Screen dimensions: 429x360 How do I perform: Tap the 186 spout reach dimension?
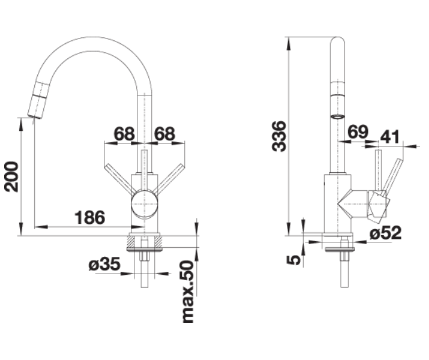[90, 217]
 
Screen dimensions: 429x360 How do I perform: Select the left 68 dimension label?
[124, 134]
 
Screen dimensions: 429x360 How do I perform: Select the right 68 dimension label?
[164, 134]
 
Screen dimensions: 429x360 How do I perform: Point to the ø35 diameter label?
[104, 264]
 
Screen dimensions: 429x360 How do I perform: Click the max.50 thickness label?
[188, 292]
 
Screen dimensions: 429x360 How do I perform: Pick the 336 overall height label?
[279, 136]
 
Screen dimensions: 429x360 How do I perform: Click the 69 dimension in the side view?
[358, 132]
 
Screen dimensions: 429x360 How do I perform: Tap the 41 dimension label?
[390, 137]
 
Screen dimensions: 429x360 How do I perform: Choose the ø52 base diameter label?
[385, 233]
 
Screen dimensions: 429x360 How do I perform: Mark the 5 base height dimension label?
[293, 260]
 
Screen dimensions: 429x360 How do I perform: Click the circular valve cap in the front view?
[145, 205]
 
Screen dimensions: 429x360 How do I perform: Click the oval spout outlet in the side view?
[337, 117]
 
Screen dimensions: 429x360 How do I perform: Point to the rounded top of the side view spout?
[337, 41]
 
